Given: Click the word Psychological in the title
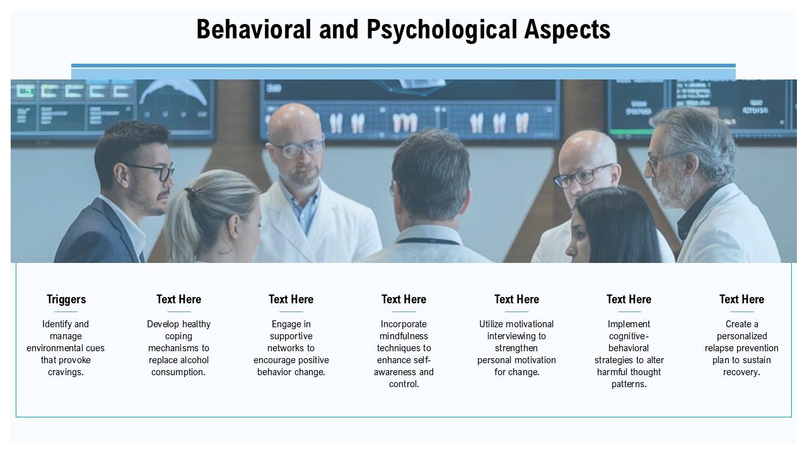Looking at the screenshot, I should pyautogui.click(x=442, y=30).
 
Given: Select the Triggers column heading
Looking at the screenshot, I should pyautogui.click(x=66, y=300).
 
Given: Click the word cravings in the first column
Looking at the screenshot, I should pyautogui.click(x=65, y=372).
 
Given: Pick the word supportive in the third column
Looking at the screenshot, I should pyautogui.click(x=291, y=336).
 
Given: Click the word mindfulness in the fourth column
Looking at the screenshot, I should pyautogui.click(x=403, y=336).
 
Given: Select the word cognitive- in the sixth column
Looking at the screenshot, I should pyautogui.click(x=629, y=336).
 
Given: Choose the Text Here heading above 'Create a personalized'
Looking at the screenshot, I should pyautogui.click(x=741, y=300).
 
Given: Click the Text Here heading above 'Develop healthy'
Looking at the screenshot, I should pyautogui.click(x=178, y=300).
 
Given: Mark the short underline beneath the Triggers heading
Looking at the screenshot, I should pyautogui.click(x=66, y=311).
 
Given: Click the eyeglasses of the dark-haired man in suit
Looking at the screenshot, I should pyautogui.click(x=154, y=172).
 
